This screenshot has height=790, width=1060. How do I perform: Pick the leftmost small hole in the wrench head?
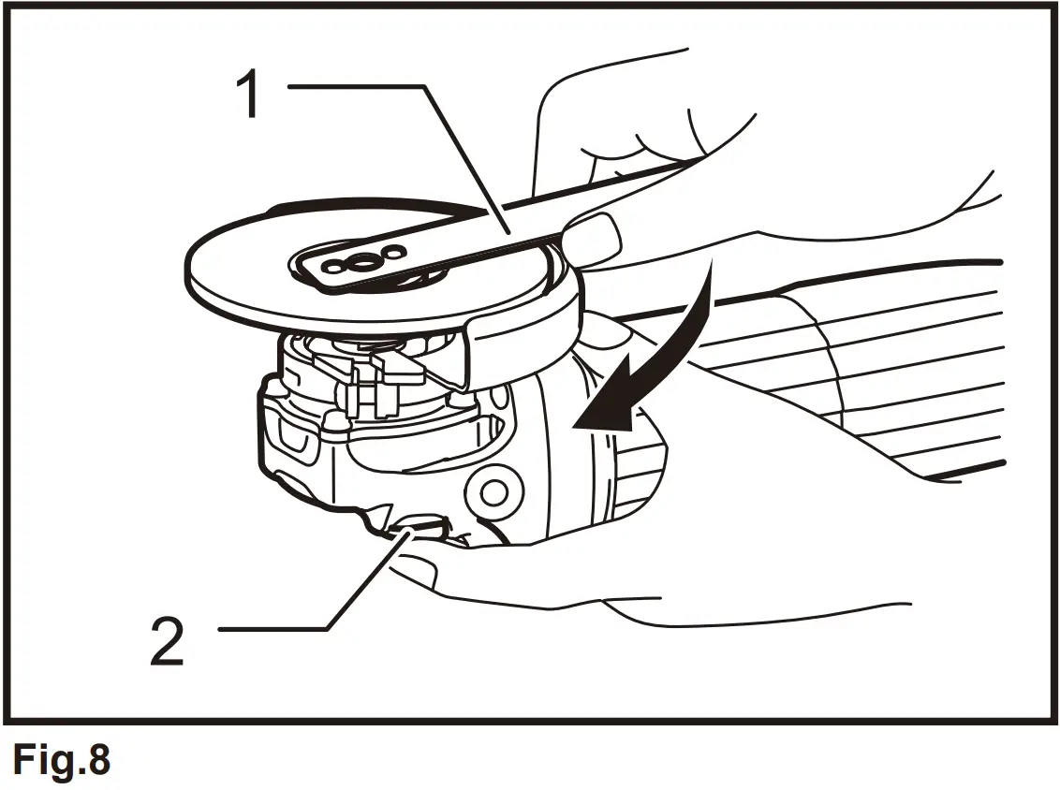pyautogui.click(x=329, y=267)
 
